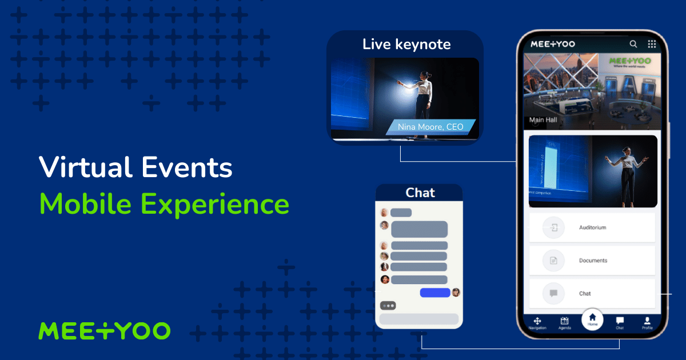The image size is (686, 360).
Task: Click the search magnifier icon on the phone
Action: pyautogui.click(x=633, y=44)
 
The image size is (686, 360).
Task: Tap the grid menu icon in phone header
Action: pyautogui.click(x=652, y=44)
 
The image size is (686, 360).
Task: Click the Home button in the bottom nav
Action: pyautogui.click(x=592, y=319)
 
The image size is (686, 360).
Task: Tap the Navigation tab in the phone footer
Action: pyautogui.click(x=537, y=323)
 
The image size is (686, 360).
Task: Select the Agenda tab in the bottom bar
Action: pyautogui.click(x=565, y=323)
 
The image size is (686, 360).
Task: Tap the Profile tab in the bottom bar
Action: pyautogui.click(x=647, y=323)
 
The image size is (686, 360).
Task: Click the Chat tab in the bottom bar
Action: pyautogui.click(x=620, y=323)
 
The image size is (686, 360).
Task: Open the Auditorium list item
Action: pyautogui.click(x=592, y=227)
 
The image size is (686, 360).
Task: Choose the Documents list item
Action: pyautogui.click(x=592, y=261)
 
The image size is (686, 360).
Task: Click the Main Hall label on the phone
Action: pyautogui.click(x=544, y=120)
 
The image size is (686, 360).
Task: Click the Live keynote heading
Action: pyautogui.click(x=406, y=45)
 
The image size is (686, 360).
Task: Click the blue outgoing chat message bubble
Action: pyautogui.click(x=435, y=293)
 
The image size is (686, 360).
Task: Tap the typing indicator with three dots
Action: pyautogui.click(x=388, y=306)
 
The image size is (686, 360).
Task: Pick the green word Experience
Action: pyautogui.click(x=215, y=204)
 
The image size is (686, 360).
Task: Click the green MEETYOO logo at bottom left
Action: pyautogui.click(x=104, y=331)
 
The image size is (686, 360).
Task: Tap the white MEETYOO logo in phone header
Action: pyautogui.click(x=553, y=44)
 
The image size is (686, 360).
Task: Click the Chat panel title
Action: pyautogui.click(x=420, y=193)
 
